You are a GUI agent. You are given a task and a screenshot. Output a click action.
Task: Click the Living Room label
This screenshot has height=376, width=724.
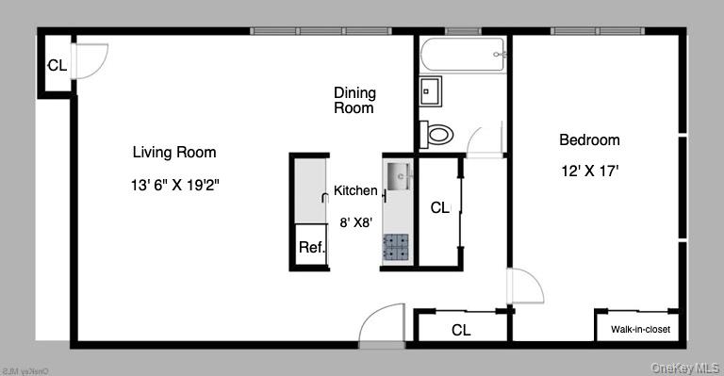click(x=173, y=152)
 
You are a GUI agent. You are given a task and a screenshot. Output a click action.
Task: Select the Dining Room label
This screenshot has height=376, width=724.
click(x=354, y=100)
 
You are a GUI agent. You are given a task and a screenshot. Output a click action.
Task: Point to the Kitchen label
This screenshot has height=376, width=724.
click(x=355, y=190)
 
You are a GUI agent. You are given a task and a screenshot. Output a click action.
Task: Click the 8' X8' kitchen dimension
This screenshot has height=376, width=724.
click(x=355, y=222)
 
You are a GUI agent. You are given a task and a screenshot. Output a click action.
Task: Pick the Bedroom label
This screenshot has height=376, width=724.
click(x=589, y=140)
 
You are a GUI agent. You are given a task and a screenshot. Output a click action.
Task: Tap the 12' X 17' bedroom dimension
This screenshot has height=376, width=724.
click(x=589, y=171)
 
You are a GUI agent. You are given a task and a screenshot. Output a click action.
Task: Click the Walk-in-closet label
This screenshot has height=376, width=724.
click(x=640, y=329)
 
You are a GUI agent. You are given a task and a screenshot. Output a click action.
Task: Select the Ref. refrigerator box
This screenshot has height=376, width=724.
click(x=311, y=248)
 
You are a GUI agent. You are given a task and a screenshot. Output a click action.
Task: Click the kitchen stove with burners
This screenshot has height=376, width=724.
click(x=396, y=247)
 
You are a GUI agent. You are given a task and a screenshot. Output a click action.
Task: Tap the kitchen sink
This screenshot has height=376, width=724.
click(x=398, y=175)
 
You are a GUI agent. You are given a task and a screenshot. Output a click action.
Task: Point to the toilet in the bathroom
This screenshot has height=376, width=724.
click(x=437, y=133)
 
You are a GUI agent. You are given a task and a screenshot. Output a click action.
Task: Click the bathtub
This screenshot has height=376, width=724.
click(x=463, y=56)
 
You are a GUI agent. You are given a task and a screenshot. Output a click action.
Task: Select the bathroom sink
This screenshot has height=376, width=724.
click(x=432, y=92)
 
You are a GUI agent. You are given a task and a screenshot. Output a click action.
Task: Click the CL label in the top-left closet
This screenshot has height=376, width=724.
click(x=57, y=66)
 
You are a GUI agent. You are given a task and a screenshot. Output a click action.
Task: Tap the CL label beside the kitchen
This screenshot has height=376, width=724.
click(x=439, y=207)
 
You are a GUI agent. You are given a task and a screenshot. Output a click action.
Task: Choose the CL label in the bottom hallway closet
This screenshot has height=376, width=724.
click(x=460, y=330)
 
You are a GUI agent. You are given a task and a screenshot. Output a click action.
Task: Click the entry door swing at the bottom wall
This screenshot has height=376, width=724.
click(x=383, y=325)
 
